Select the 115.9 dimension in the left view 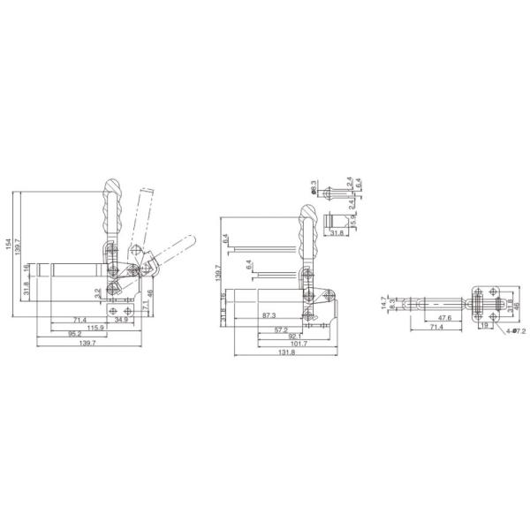[97, 327]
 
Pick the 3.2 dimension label [97, 291]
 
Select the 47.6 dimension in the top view [443, 318]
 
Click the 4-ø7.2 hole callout [515, 330]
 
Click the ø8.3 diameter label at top [314, 187]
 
